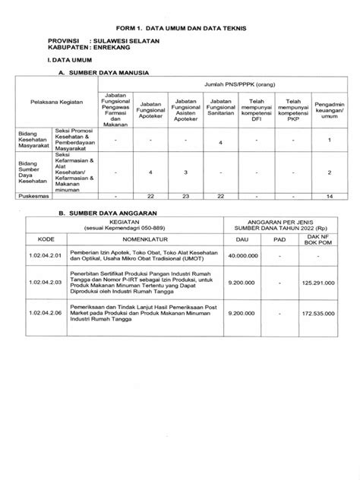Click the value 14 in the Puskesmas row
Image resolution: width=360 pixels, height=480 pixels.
329,196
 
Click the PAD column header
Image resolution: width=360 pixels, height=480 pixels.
280,238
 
